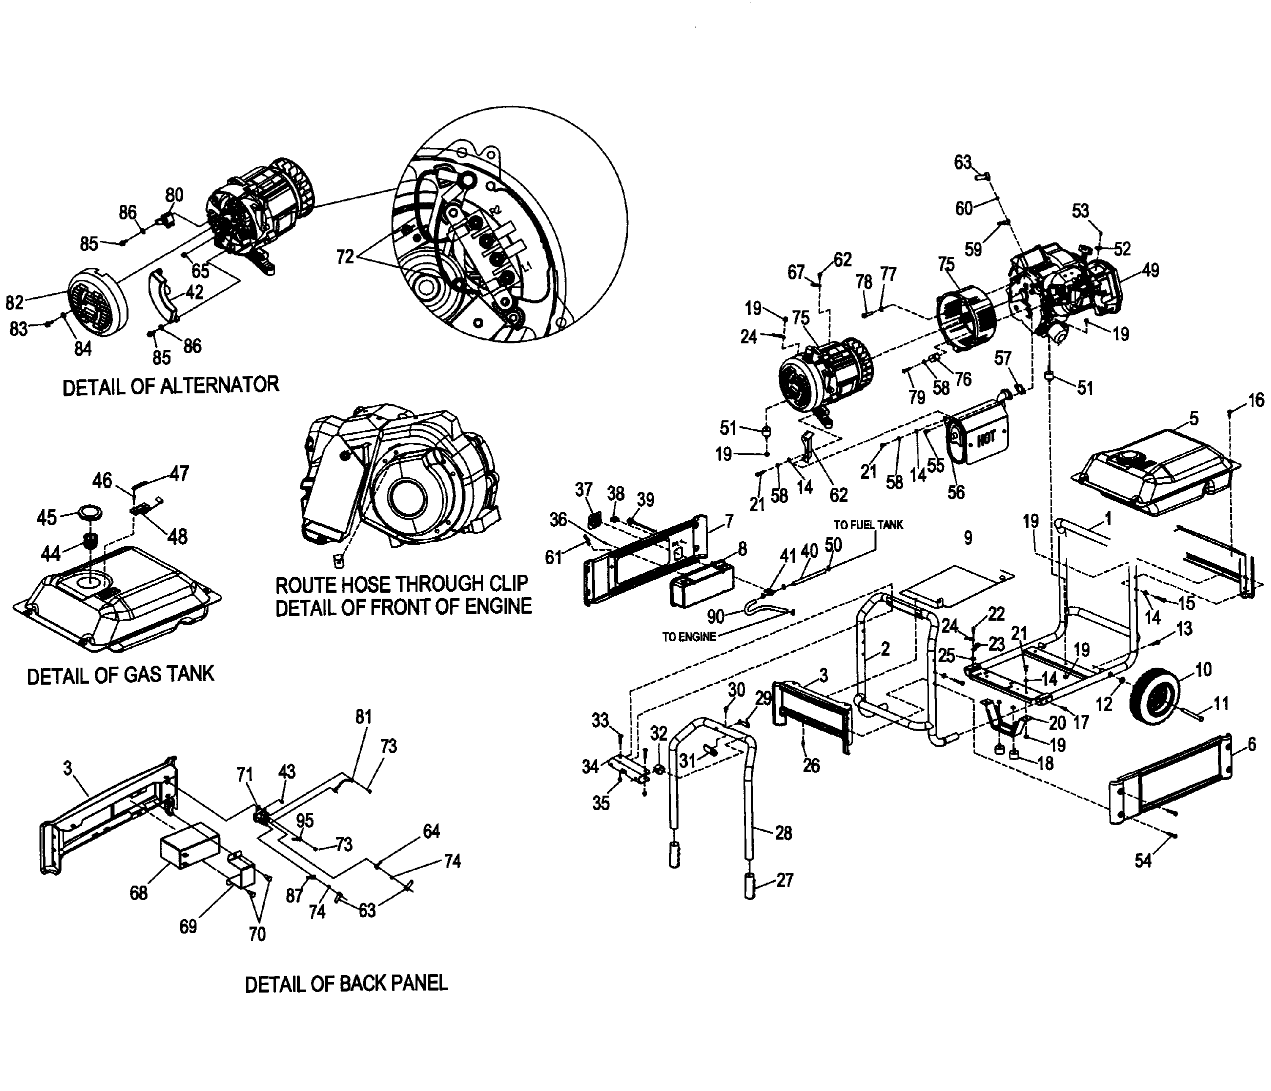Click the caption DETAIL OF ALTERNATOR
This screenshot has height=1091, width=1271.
coord(170,386)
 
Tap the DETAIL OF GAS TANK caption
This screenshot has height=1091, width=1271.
coord(121,675)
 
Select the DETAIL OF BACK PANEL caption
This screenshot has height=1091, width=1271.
coord(346,984)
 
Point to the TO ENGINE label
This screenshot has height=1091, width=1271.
coord(689,637)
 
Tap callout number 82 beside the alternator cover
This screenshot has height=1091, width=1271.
coord(14,302)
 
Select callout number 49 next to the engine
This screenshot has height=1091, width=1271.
coord(1151,270)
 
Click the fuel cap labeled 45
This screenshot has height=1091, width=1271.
coord(89,513)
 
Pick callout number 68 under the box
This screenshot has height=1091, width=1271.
coord(138,893)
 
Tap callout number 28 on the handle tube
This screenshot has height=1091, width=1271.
coord(783,833)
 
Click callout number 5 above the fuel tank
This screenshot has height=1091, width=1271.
coord(1193,418)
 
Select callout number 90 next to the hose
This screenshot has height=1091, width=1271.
coord(716,616)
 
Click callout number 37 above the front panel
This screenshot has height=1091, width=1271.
coord(583,489)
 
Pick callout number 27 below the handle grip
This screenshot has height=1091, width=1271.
coord(784,881)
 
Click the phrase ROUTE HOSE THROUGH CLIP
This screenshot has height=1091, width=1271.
coord(402,584)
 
